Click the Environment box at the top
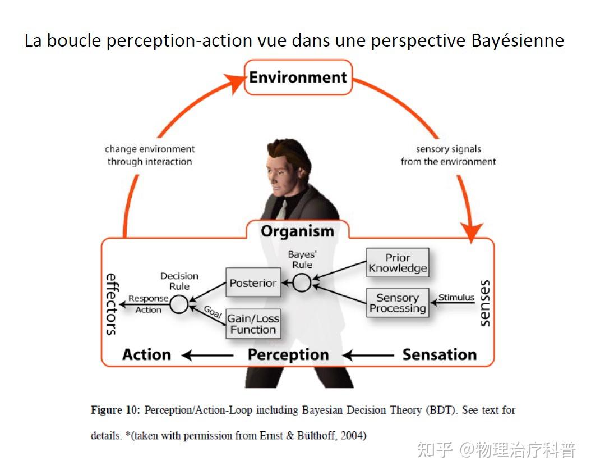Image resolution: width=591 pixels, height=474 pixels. click(298, 78)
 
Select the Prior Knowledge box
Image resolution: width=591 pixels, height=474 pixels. click(398, 263)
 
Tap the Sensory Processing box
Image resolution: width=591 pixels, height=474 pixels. click(398, 303)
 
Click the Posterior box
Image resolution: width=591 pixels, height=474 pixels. click(253, 282)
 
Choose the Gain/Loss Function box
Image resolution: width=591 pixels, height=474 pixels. click(253, 324)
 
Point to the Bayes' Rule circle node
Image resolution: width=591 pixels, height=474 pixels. click(302, 282)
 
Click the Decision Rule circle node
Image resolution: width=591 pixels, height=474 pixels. click(179, 304)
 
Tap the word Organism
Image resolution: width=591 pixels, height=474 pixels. click(297, 231)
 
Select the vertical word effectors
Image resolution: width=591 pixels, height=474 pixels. click(112, 304)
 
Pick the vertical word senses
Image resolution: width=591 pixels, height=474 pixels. click(484, 303)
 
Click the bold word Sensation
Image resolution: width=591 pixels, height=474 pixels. click(440, 355)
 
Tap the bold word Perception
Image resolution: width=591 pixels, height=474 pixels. click(288, 355)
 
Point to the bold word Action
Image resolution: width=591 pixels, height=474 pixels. click(146, 355)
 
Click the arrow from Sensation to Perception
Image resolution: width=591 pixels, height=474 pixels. click(368, 355)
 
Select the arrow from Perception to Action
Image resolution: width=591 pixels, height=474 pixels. click(207, 355)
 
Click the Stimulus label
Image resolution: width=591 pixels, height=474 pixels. click(456, 298)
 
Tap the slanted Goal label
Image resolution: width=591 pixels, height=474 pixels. click(213, 312)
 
